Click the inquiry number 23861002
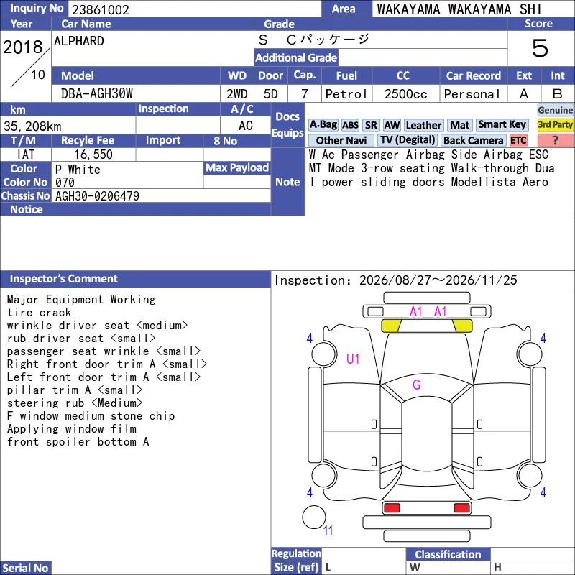pos(100,9)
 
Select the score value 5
pos(540,48)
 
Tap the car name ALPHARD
pos(79,41)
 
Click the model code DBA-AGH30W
pos(97,94)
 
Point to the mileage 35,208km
pos(32,126)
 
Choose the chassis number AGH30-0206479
pos(97,196)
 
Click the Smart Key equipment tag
pos(502,124)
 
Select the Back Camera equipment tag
pos(474,140)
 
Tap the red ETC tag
pos(518,140)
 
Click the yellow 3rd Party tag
pos(555,124)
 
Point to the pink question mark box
pos(555,140)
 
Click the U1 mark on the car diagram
pos(353,359)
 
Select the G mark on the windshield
pos(417,385)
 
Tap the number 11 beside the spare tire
pos(328,530)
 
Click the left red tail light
pos(392,508)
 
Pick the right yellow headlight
pos(462,326)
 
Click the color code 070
pos(65,183)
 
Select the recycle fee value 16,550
pos(93,155)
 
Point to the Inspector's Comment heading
pos(64,279)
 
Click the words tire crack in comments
pos(39,313)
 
